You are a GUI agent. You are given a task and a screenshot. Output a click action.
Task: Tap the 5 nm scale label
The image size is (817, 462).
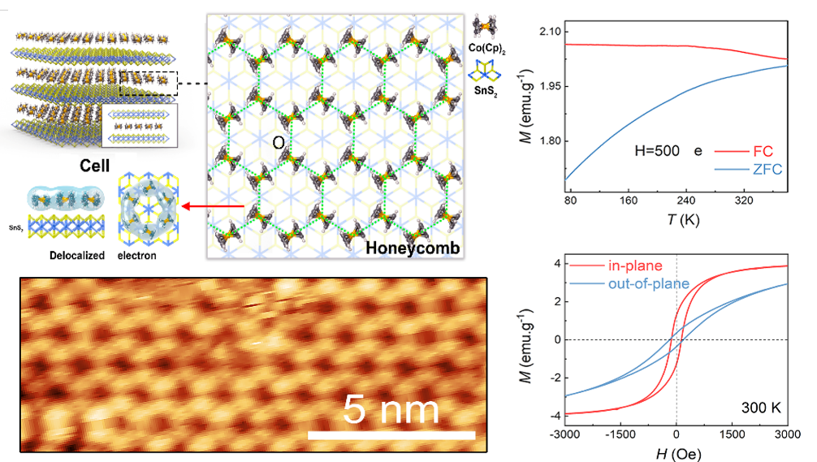391,408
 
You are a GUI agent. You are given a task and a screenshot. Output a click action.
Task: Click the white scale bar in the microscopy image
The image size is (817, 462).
391,435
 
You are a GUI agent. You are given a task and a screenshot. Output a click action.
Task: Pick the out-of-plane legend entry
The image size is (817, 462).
649,283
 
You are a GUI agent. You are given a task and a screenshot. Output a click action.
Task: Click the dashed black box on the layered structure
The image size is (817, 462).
147,83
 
